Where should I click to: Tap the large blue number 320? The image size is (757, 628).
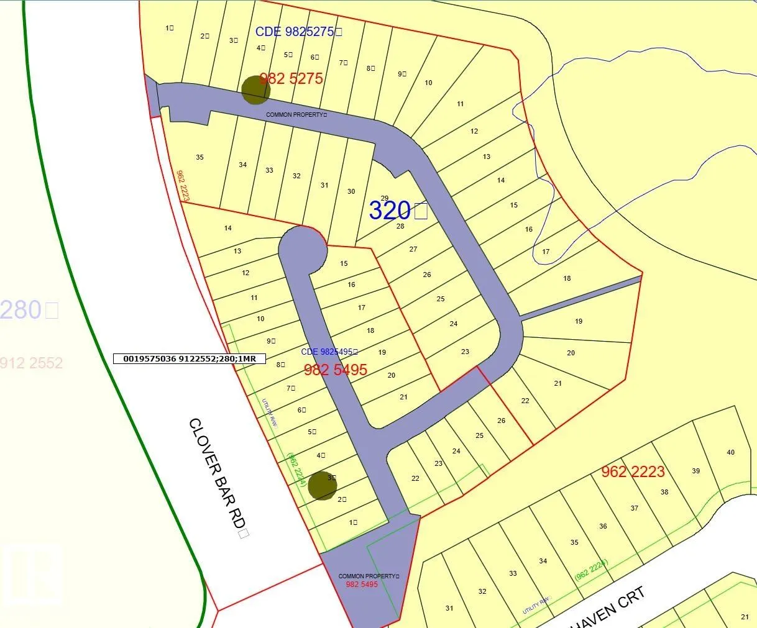(390, 211)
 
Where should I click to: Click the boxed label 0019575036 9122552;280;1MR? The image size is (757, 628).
(190, 358)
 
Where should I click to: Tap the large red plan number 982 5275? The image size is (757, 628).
(291, 79)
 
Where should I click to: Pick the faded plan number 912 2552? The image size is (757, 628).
(31, 363)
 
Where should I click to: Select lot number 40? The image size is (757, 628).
(730, 452)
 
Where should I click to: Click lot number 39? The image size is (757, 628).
(695, 471)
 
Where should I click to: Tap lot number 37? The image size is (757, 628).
(634, 508)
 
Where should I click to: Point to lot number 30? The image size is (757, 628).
(351, 191)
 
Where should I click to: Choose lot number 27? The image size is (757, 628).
(413, 249)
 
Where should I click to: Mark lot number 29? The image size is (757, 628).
(385, 198)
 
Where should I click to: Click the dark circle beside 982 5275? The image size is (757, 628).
(255, 89)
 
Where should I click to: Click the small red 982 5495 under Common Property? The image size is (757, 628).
(362, 585)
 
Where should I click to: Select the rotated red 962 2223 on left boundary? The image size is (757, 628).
(182, 186)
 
